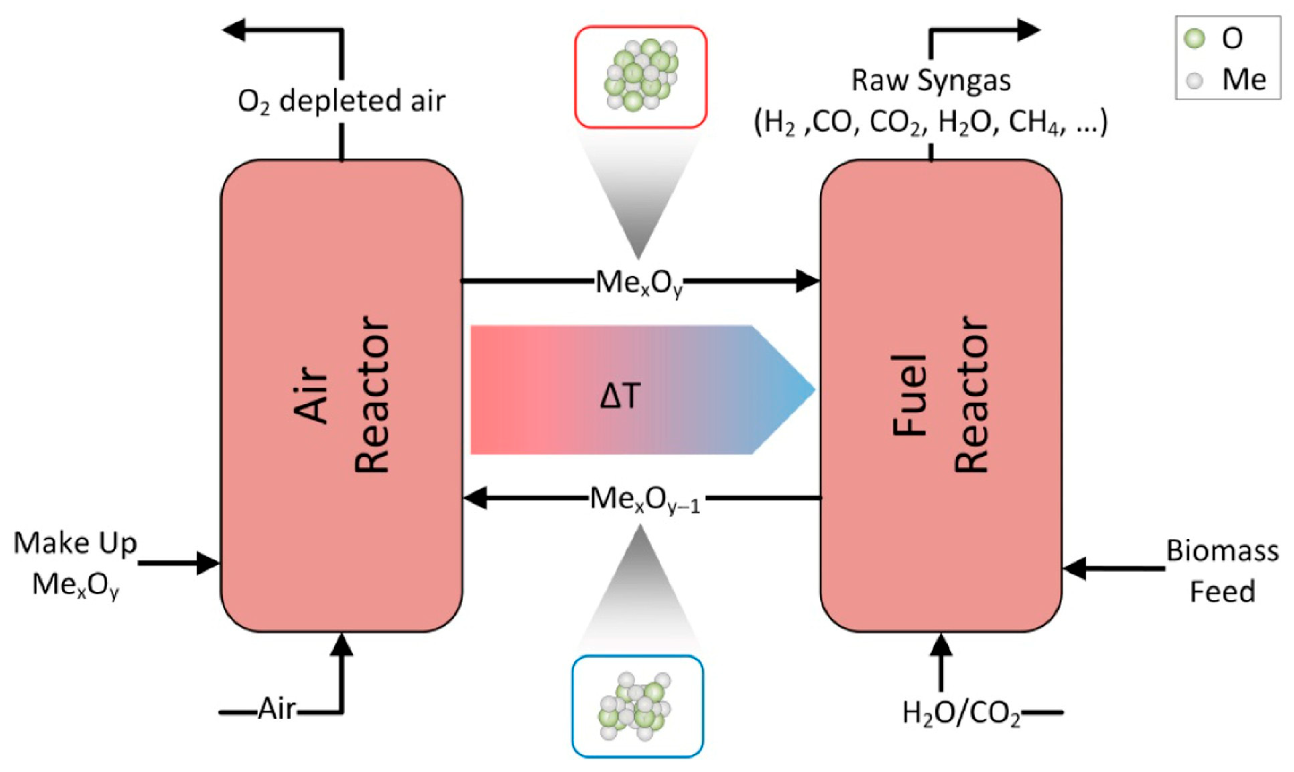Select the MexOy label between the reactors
tap(639, 284)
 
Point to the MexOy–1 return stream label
tap(645, 501)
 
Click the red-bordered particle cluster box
tap(640, 77)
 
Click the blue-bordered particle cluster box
tap(638, 706)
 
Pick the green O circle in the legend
tap(1194, 38)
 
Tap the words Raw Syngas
tap(931, 81)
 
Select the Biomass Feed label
tap(1222, 571)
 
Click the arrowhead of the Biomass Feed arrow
tap(1074, 569)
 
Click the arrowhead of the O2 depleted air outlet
tap(234, 30)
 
